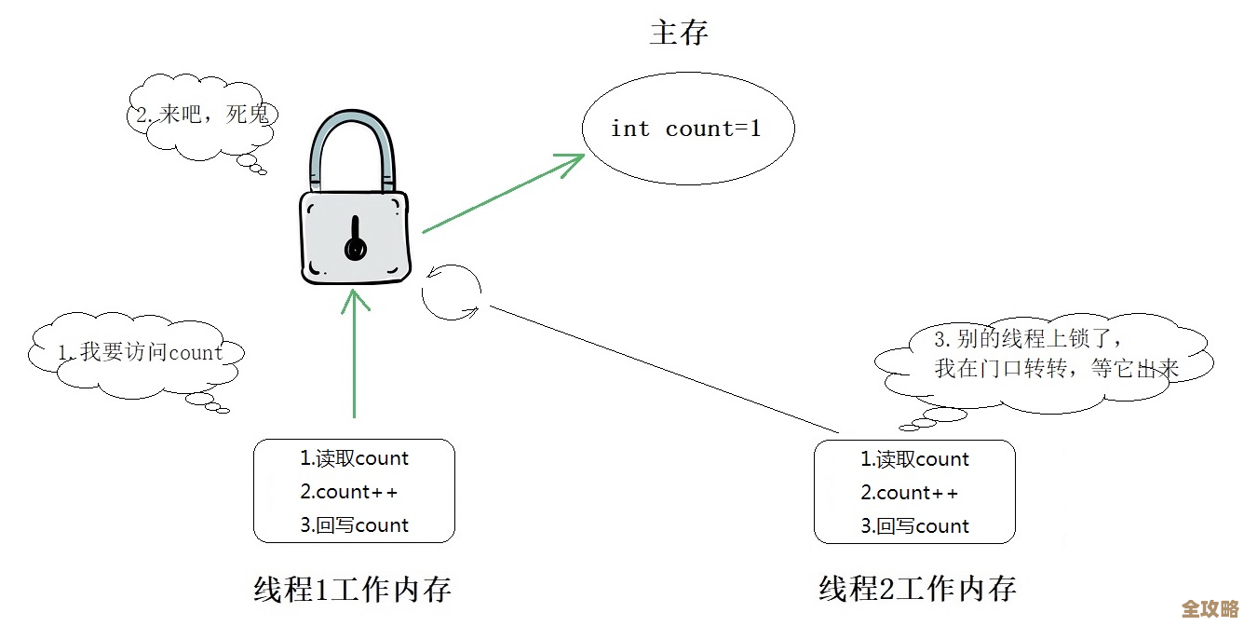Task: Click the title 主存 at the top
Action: coord(679,33)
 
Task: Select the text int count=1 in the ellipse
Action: coord(685,129)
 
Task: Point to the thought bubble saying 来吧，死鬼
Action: coord(203,116)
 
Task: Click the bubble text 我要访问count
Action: coord(141,353)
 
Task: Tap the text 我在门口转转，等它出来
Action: coord(1057,369)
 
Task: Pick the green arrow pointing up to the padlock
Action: coord(355,354)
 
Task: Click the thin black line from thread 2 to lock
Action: coord(661,369)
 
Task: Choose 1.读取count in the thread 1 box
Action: coord(354,458)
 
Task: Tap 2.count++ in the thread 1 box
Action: coord(348,492)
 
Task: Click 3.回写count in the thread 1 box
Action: coord(354,525)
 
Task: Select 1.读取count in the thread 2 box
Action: coord(914,459)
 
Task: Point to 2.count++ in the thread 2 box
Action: coord(909,493)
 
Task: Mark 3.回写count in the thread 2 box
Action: coord(914,526)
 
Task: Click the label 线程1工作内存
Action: coord(353,589)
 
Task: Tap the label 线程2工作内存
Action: coord(917,589)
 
